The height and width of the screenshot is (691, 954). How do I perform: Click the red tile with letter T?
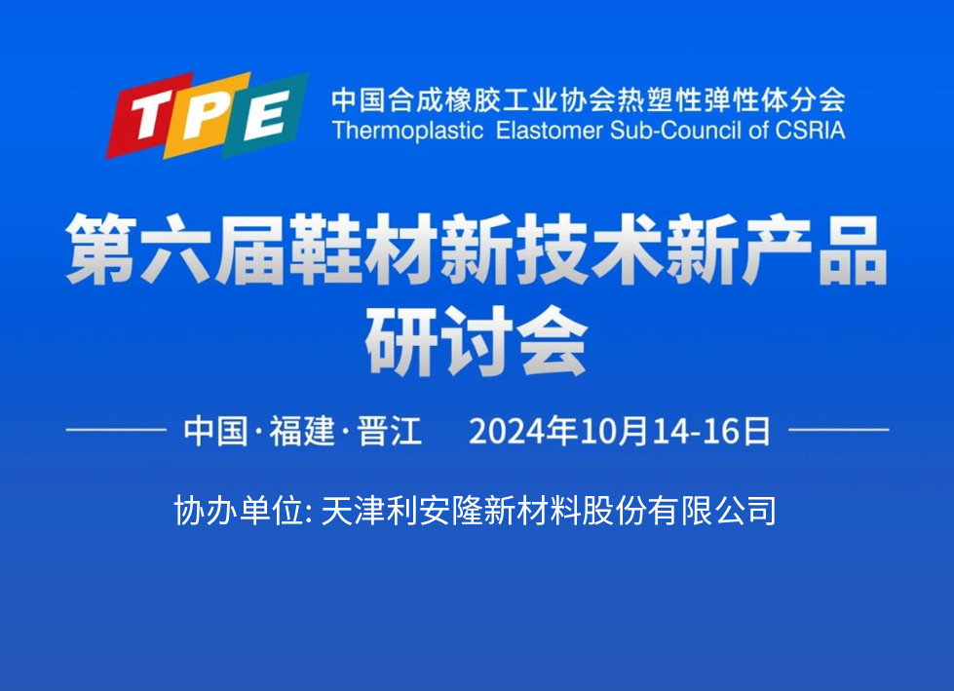pos(150,116)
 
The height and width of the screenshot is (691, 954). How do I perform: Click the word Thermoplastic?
pos(407,131)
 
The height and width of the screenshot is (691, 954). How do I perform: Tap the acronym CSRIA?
pos(811,131)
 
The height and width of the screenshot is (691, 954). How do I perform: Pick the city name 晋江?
pos(390,431)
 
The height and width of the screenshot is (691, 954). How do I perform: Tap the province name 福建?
pos(302,431)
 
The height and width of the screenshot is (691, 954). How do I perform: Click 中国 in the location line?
pos(215,431)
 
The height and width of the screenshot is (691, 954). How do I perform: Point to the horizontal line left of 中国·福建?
pos(116,430)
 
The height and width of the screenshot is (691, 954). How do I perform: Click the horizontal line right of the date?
pos(838,430)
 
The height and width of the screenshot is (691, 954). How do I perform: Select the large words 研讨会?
pos(477,341)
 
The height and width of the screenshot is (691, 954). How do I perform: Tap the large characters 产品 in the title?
pos(815,250)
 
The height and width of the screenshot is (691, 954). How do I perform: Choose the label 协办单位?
pos(239,510)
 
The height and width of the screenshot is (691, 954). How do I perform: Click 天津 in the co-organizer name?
pos(353,510)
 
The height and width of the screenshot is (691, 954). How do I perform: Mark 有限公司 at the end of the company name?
pos(712,510)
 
